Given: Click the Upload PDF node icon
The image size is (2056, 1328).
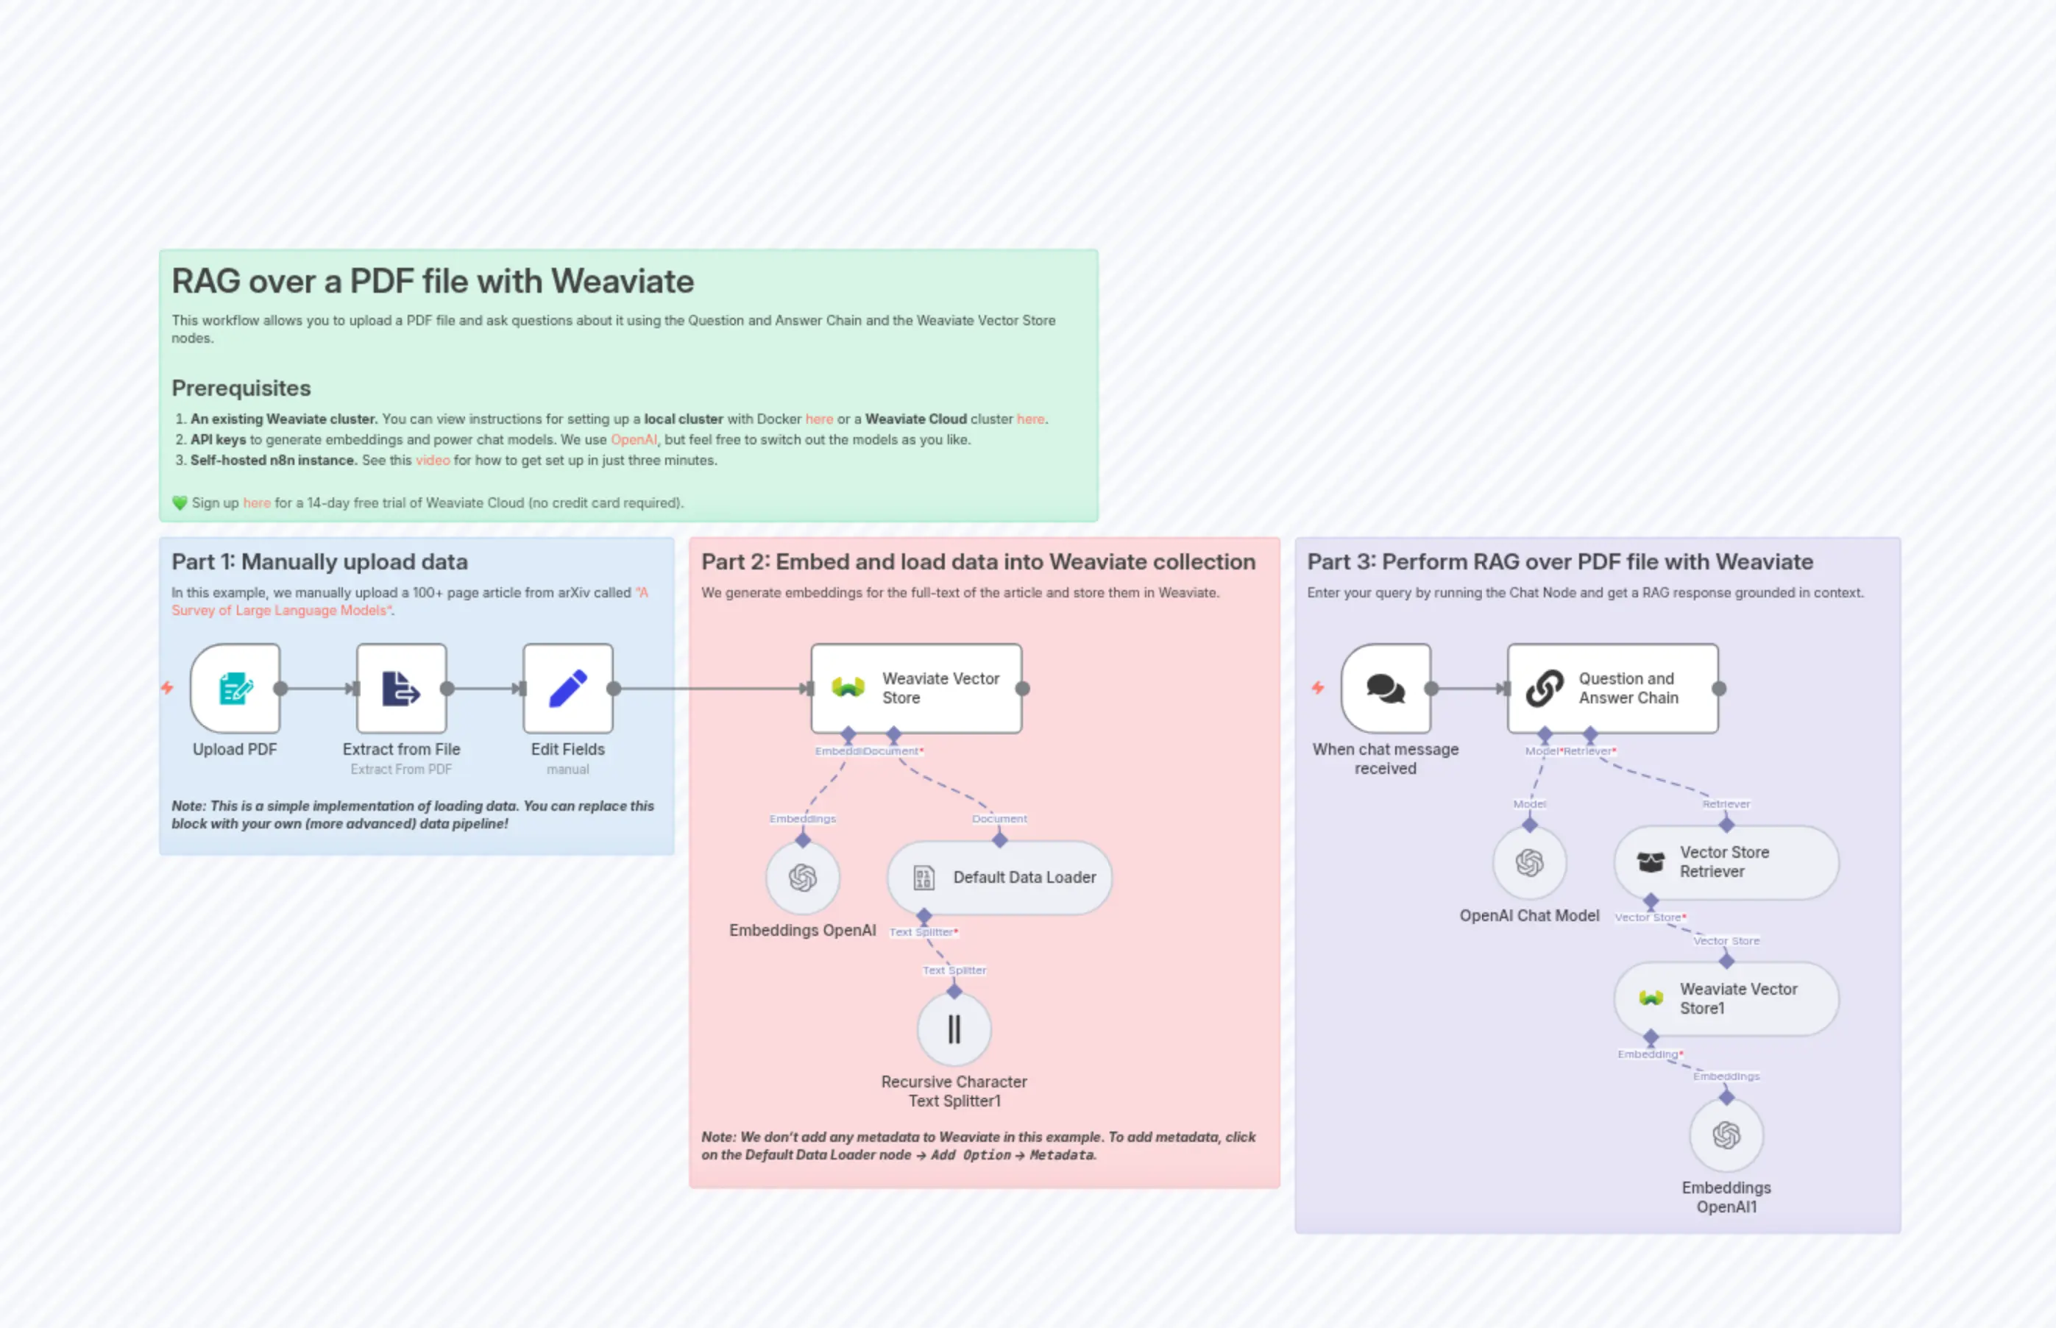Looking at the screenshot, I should click(235, 688).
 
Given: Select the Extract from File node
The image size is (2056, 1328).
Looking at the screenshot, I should click(401, 688).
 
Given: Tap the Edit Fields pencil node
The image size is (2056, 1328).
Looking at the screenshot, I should click(567, 688).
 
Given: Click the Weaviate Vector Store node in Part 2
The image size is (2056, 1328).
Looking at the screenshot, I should click(916, 688).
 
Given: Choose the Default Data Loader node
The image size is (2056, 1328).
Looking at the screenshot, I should click(999, 877).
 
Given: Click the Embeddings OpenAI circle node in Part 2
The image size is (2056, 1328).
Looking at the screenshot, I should click(802, 877).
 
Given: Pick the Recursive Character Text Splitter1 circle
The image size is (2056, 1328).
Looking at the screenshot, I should click(954, 1029).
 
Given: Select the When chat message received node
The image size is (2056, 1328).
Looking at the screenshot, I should click(1385, 688).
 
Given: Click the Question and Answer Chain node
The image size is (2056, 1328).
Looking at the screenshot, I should click(1612, 688).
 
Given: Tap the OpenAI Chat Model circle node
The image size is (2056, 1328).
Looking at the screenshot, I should click(1529, 862).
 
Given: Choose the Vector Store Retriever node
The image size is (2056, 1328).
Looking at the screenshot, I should click(1726, 862).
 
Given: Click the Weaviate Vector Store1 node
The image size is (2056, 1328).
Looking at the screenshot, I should click(1726, 998).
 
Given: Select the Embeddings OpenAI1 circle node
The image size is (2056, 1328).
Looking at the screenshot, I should click(1726, 1135).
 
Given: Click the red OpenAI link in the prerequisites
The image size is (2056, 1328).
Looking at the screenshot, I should click(633, 440).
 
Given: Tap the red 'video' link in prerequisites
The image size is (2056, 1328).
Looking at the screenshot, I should click(432, 461).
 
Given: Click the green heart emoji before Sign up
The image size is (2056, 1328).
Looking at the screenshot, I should click(180, 503).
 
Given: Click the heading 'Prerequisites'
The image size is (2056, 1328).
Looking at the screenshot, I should click(241, 388).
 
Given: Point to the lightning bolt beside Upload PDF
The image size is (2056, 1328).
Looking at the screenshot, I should click(167, 687).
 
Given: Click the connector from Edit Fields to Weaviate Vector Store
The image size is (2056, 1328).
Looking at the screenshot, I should click(712, 688).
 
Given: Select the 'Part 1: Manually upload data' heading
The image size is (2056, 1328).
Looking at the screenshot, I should click(319, 561).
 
